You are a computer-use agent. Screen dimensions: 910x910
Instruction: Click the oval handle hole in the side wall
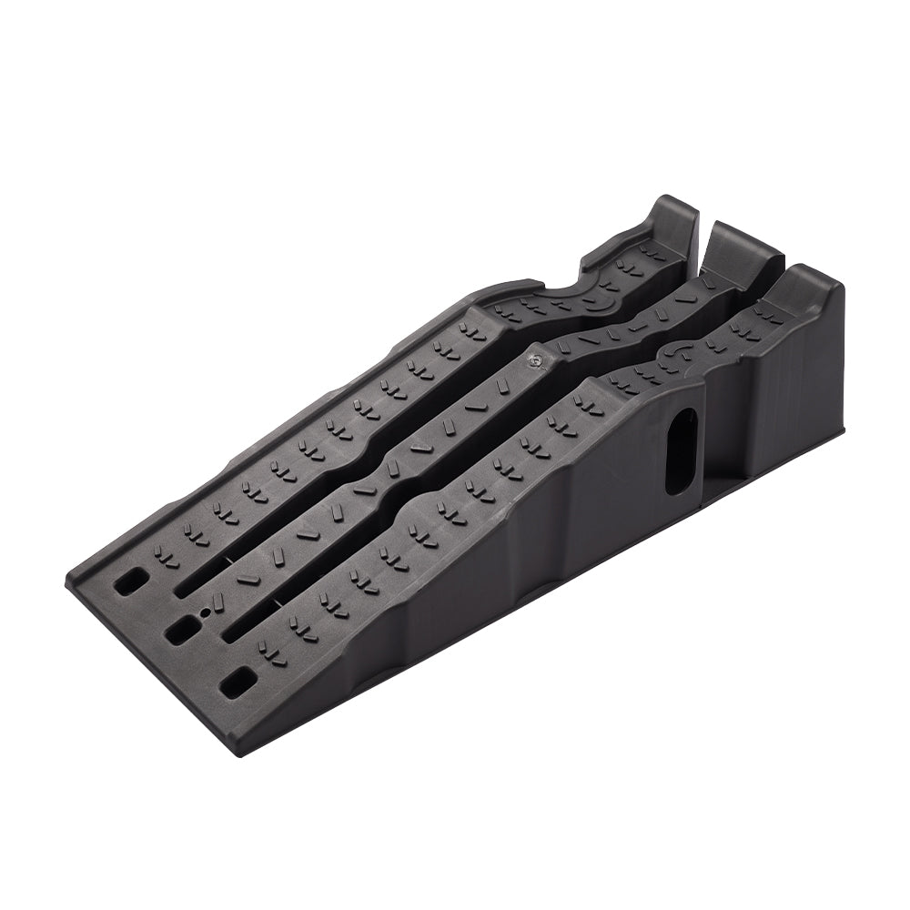pos(681,451)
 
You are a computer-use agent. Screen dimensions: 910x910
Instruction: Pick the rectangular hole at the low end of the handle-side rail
pos(238,680)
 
